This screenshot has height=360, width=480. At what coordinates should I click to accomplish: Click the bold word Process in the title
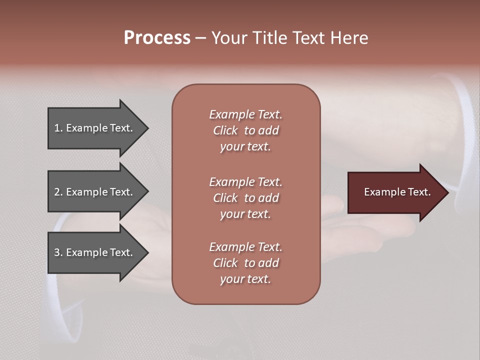(157, 38)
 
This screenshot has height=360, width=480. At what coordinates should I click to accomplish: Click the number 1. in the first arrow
(58, 128)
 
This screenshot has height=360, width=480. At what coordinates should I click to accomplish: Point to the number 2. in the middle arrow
(58, 192)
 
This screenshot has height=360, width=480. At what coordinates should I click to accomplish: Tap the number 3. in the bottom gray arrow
(58, 252)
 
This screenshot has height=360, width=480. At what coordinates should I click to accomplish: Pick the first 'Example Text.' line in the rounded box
(245, 114)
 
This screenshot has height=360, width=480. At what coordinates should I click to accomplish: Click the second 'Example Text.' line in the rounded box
(245, 182)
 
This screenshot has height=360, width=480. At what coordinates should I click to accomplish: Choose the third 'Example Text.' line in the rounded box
(245, 247)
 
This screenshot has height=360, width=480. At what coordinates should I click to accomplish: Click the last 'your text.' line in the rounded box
(245, 279)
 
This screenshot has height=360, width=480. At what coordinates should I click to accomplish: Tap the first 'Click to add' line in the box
(245, 130)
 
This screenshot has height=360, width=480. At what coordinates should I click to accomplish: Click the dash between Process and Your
(200, 38)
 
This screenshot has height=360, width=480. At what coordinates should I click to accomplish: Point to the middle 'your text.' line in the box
(245, 214)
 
